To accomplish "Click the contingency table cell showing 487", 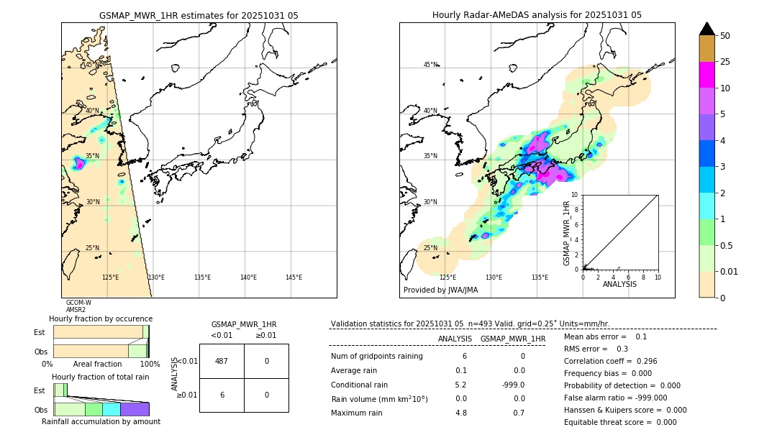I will point(222,361).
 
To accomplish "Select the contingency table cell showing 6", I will point(222,395).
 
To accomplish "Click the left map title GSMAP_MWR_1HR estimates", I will point(199,15).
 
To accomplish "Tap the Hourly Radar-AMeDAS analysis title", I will point(537,15).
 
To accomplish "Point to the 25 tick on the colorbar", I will point(725,62).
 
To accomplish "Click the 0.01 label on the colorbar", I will point(730,272).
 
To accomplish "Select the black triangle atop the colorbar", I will point(706,29).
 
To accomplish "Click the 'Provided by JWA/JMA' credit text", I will point(440,290).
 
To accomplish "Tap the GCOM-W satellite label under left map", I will point(78,303).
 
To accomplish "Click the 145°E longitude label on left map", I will point(294,278).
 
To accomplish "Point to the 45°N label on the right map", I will point(430,65).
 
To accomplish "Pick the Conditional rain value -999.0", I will point(512,385).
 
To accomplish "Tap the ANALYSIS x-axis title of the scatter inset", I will point(619,284).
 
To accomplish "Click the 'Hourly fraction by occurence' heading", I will point(101,318).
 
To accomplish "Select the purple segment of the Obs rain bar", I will point(135,409).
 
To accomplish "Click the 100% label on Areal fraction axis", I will point(150,365).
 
